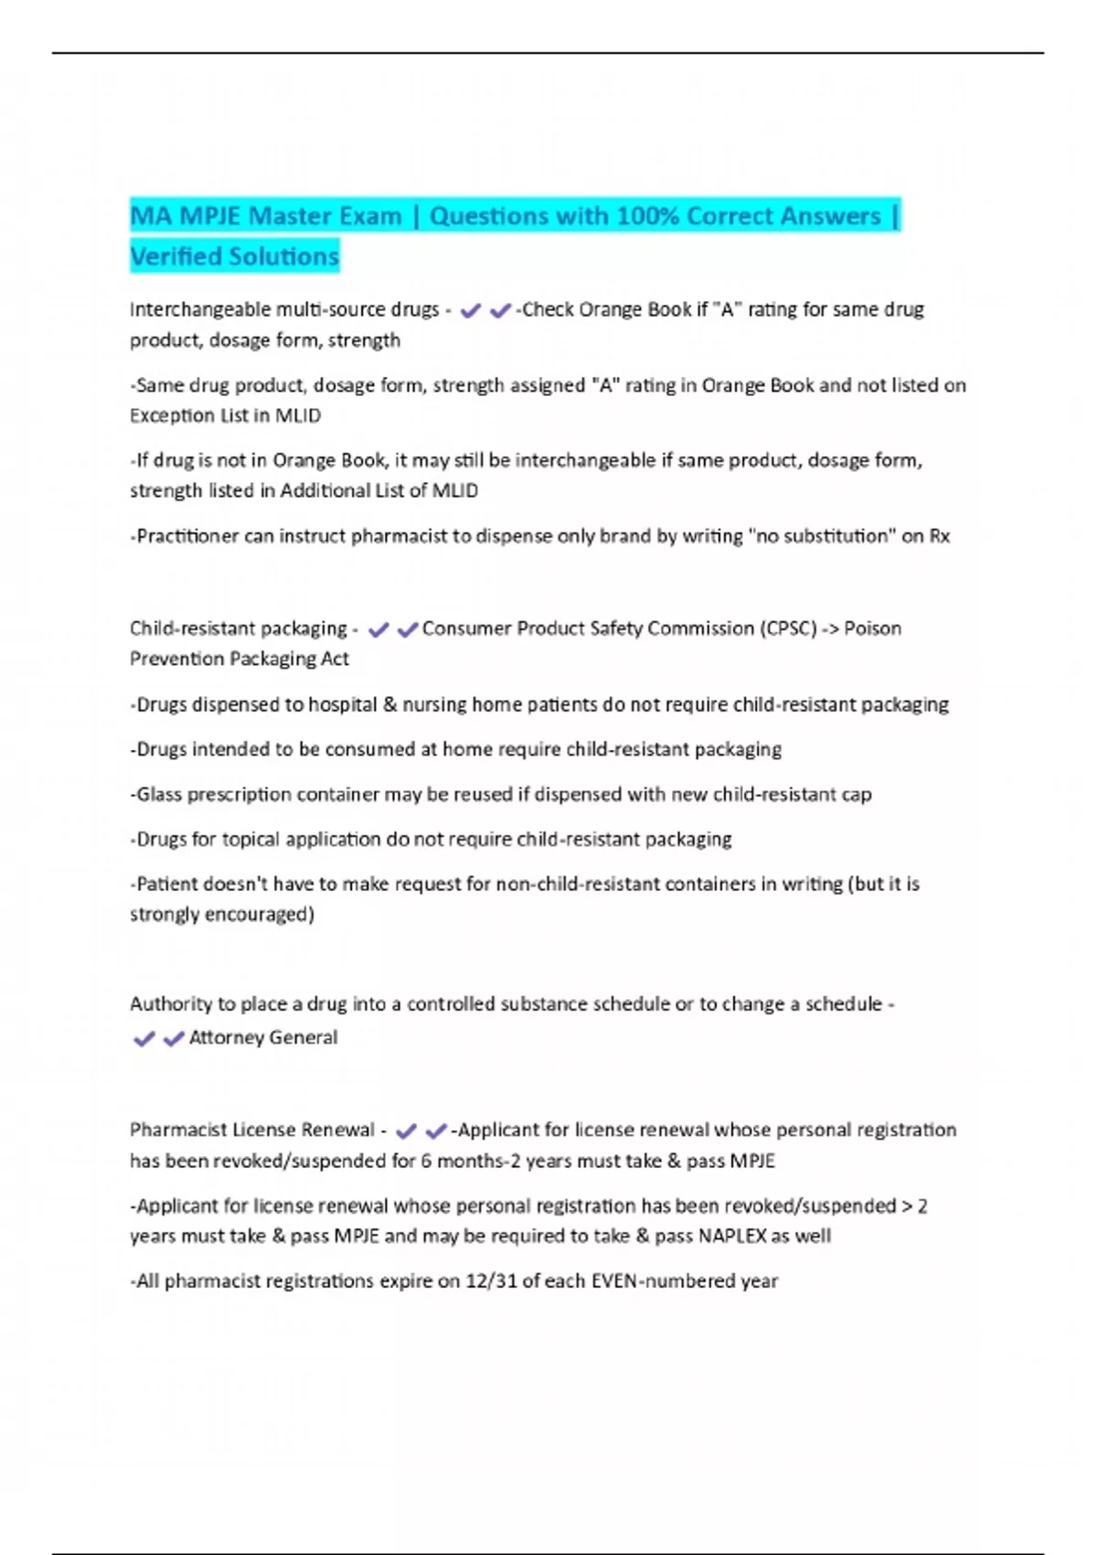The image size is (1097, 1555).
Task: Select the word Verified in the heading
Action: coord(176,256)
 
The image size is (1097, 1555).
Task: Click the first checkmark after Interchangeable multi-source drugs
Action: coord(471,311)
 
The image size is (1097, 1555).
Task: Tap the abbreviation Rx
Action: coord(939,536)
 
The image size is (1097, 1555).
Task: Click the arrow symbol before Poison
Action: coord(830,628)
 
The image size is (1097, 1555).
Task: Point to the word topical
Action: coord(255,840)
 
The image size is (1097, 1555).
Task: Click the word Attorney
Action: coord(225,1037)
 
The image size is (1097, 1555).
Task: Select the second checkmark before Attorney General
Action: coord(173,1039)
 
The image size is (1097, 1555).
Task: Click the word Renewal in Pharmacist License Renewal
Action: coord(337,1130)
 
